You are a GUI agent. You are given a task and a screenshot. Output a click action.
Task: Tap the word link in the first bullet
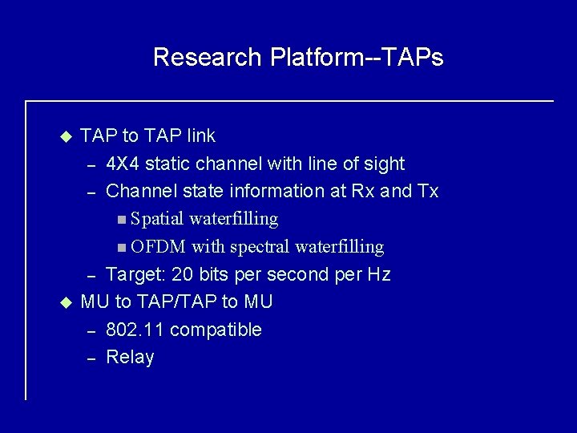coord(199,136)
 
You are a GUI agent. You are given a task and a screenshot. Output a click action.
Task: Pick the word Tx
coord(427,192)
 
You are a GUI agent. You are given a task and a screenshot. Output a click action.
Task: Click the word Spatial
coord(158,219)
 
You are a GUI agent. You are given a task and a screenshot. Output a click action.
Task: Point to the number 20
coord(183,275)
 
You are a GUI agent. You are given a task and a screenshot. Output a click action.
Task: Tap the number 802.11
coord(135,330)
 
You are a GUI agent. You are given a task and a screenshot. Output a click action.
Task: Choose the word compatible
coord(216,330)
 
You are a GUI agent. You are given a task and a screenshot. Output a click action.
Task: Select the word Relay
coord(130,358)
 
